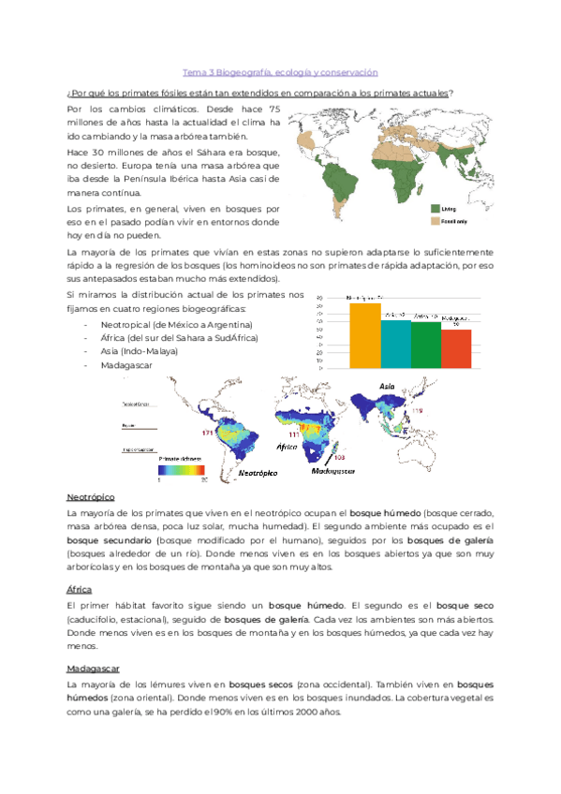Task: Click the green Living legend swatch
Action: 436,209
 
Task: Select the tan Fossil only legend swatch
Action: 436,221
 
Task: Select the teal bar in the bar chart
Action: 396,343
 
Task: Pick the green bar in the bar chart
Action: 426,344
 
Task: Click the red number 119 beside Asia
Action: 417,411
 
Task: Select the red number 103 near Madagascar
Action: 338,457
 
